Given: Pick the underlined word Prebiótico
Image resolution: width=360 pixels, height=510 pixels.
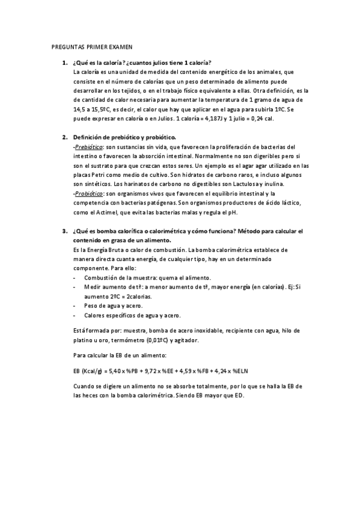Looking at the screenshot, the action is click(89, 147).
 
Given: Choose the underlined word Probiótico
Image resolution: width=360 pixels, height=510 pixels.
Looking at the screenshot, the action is click(89, 193).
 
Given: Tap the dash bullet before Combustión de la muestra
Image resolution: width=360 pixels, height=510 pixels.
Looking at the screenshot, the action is click(73, 278).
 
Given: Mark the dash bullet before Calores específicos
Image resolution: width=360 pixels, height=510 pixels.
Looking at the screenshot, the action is click(73, 315).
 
